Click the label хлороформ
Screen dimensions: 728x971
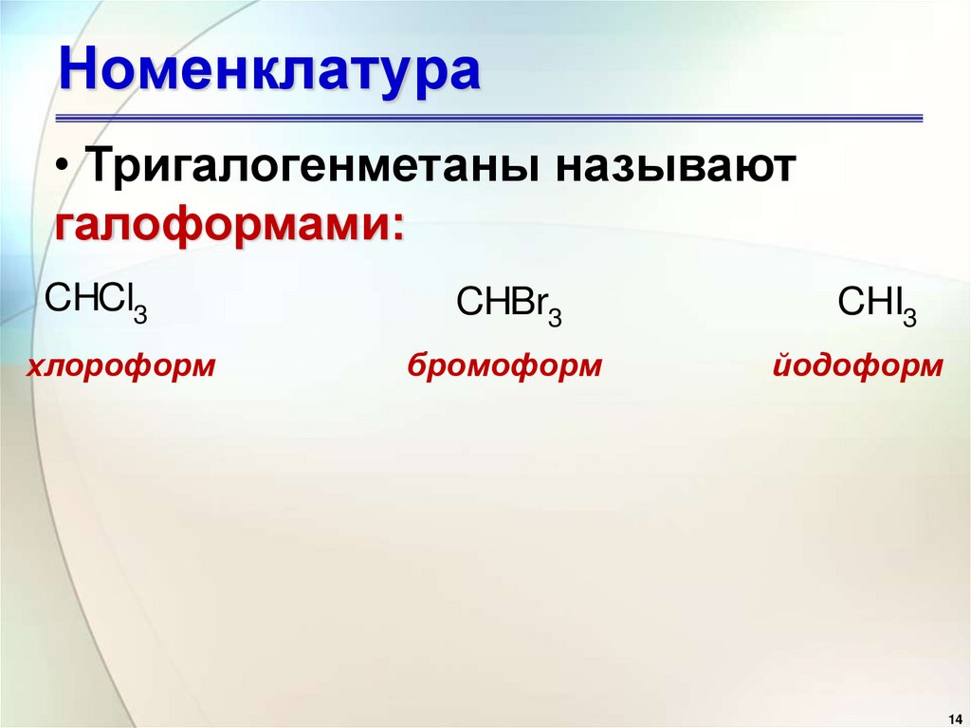pos(120,365)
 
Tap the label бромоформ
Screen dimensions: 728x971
pos(504,365)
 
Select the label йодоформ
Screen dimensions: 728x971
pos(857,365)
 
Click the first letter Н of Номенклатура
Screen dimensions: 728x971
pos(78,72)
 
